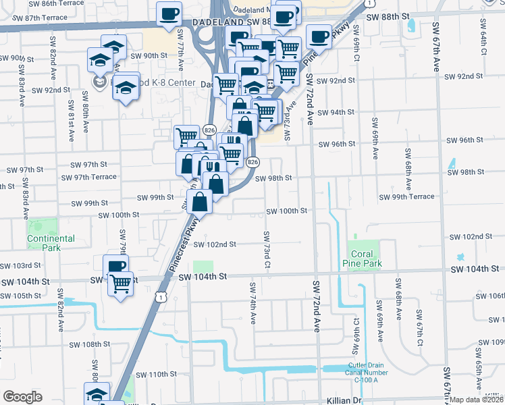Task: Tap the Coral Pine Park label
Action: tap(367, 259)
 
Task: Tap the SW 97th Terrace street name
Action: tap(88, 178)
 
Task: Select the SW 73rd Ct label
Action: tap(267, 250)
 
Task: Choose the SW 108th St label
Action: tap(91, 344)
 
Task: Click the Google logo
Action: tap(22, 397)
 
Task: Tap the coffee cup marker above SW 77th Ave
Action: tap(169, 13)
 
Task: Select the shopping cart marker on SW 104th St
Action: tap(120, 283)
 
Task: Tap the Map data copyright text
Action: tap(477, 400)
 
